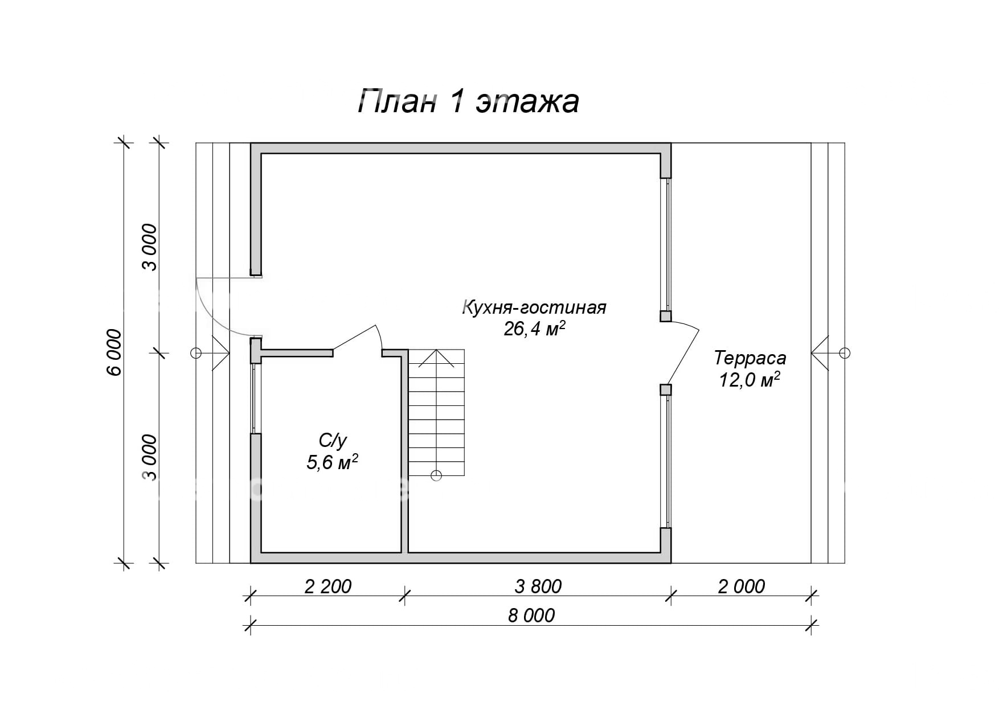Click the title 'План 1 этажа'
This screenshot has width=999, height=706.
468,102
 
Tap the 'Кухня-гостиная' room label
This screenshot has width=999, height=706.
534,308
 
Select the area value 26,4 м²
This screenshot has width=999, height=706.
534,329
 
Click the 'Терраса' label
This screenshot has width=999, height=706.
750,358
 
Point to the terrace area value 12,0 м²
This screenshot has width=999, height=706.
750,380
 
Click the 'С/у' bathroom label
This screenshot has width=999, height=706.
333,440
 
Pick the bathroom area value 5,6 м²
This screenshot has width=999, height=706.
332,462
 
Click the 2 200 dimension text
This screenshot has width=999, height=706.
328,586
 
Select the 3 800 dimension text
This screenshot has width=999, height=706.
538,586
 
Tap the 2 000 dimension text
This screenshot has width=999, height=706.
741,586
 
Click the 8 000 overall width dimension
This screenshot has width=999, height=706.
531,615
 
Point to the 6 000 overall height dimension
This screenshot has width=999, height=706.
114,352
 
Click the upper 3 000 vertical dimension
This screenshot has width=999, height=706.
149,248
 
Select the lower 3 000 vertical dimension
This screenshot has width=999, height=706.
149,458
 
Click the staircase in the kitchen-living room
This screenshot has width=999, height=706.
436,413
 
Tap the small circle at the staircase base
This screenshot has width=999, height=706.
436,475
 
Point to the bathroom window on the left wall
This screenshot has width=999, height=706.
255,399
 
